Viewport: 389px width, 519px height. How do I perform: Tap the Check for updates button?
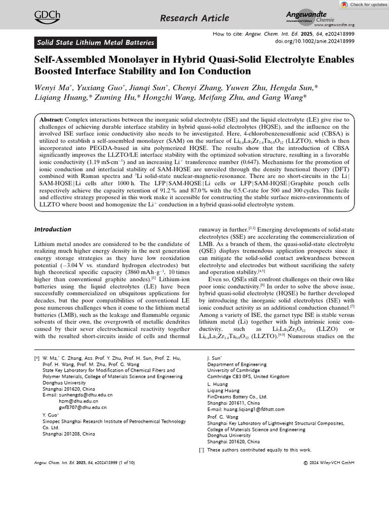pyautogui.click(x=362, y=5)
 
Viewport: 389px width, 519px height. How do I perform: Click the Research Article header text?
pyautogui.click(x=194, y=18)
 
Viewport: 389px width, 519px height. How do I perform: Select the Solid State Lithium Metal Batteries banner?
pyautogui.click(x=95, y=43)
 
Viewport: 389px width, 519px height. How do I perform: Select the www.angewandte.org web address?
pyautogui.click(x=334, y=25)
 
